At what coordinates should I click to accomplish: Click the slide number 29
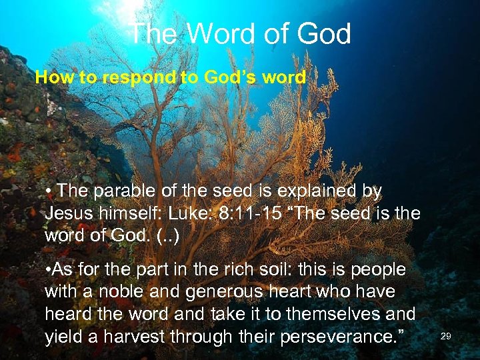446,337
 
